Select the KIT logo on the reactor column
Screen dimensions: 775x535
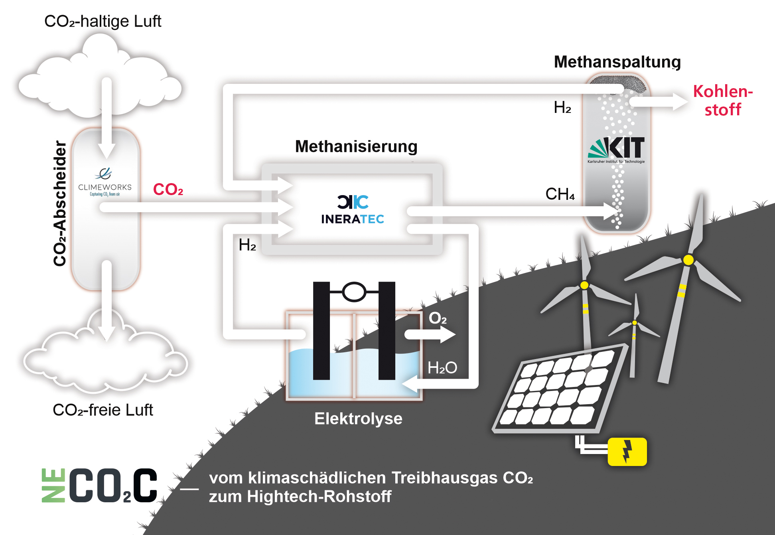(x=616, y=150)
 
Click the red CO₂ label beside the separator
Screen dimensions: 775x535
(x=168, y=190)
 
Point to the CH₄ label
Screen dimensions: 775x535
(x=560, y=194)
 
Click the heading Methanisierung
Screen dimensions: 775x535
(x=356, y=146)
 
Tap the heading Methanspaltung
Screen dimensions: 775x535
(x=617, y=62)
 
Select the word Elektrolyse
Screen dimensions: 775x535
(x=358, y=419)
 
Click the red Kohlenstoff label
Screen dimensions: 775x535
(x=723, y=101)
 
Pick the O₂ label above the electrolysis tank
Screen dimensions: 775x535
(x=438, y=318)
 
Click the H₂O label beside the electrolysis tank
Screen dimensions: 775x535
(x=442, y=368)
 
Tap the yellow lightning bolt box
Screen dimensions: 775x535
(x=627, y=452)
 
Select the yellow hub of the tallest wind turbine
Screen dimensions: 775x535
(x=688, y=260)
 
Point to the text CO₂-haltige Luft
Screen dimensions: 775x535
(x=103, y=22)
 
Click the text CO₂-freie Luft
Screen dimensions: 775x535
(x=103, y=410)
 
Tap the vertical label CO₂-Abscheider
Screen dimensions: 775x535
(x=60, y=203)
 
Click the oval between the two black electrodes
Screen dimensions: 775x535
(x=354, y=292)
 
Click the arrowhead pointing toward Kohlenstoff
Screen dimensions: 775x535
(x=680, y=102)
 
